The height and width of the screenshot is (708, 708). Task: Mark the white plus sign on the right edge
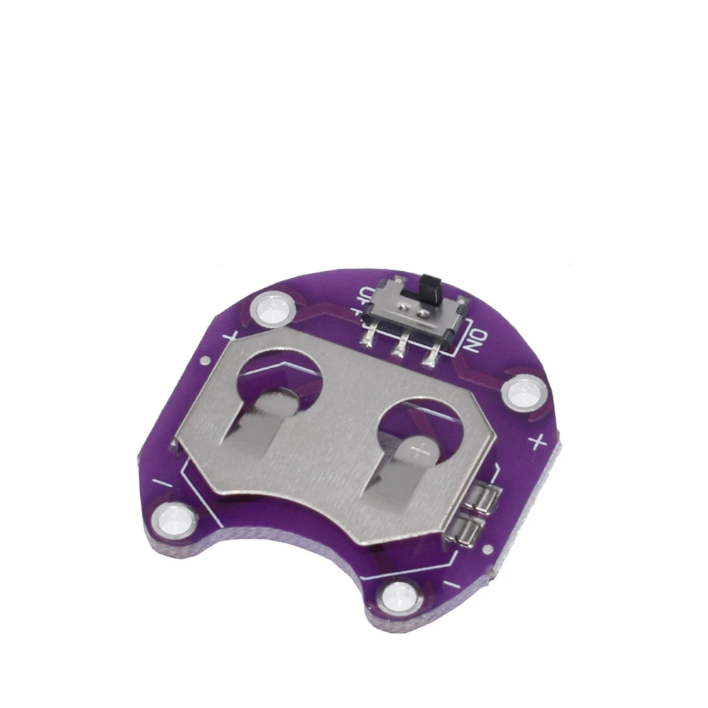(x=537, y=442)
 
